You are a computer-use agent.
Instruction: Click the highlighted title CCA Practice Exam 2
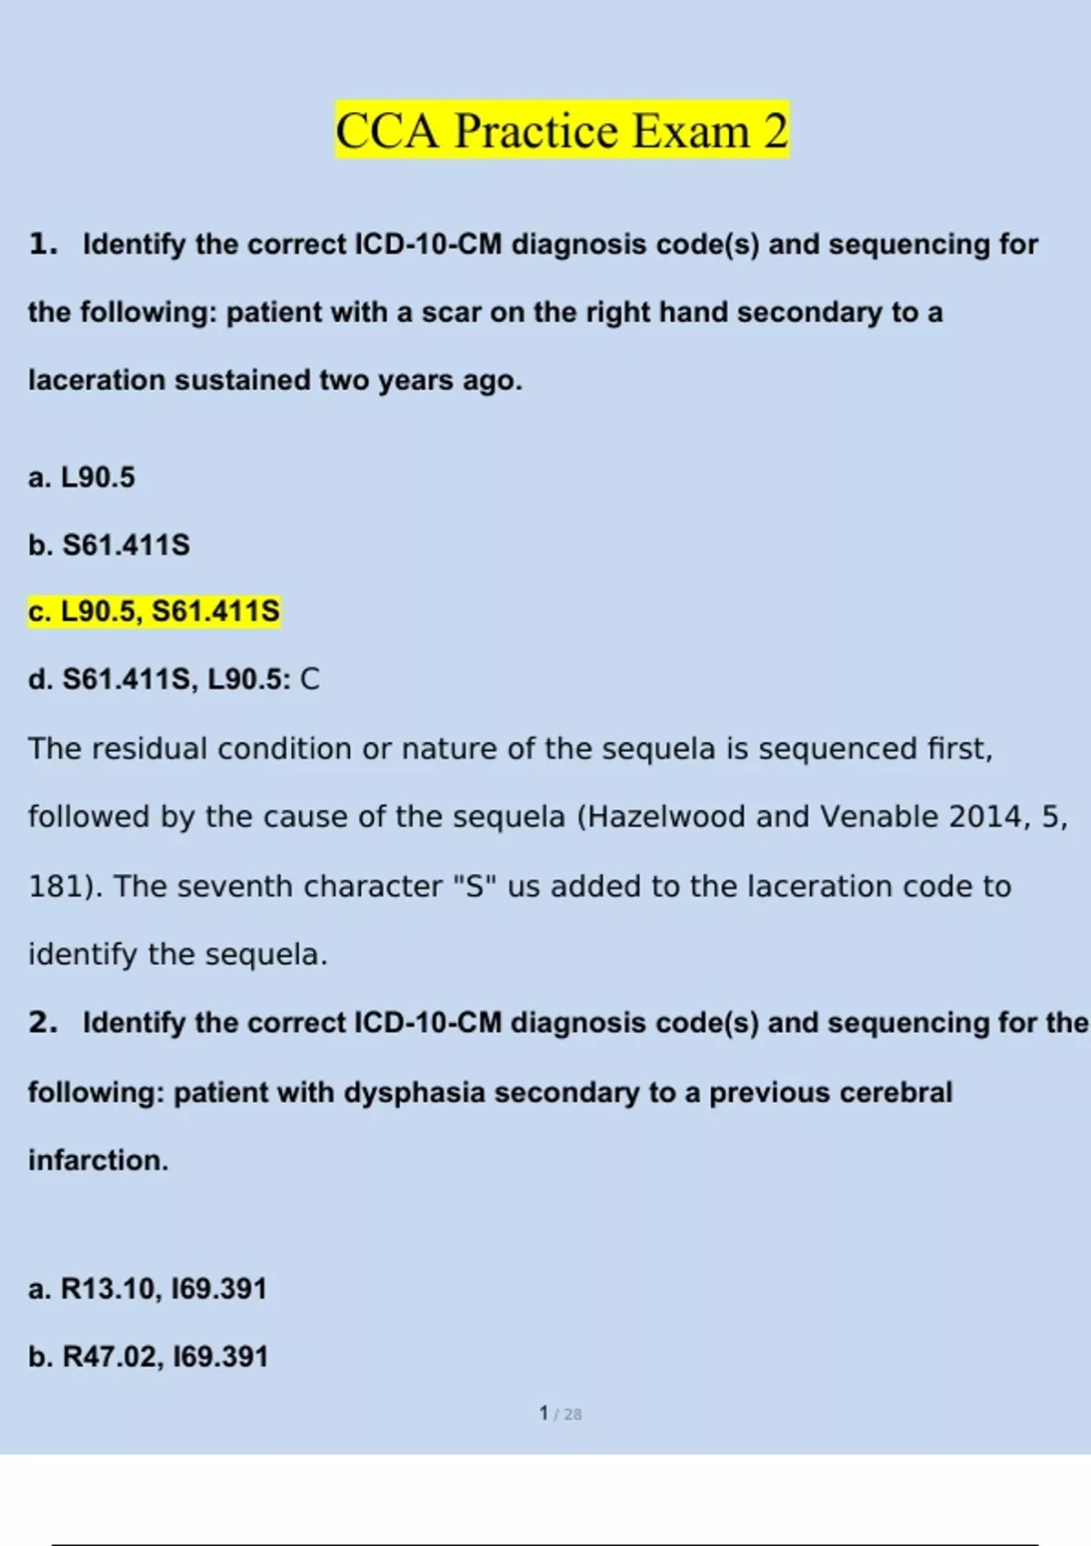[x=562, y=130]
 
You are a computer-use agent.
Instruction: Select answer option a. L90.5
[x=82, y=477]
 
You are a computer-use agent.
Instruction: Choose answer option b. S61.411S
[x=109, y=545]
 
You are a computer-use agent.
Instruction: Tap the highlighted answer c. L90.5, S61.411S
[x=155, y=611]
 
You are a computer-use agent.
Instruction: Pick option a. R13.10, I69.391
[x=147, y=1289]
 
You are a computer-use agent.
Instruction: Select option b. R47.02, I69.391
[x=148, y=1357]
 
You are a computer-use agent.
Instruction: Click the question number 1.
[x=42, y=245]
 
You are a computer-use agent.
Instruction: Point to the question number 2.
[x=42, y=1023]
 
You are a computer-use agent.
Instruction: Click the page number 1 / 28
[x=560, y=1413]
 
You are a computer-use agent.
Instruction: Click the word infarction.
[x=98, y=1160]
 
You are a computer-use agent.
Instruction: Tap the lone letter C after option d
[x=310, y=679]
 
